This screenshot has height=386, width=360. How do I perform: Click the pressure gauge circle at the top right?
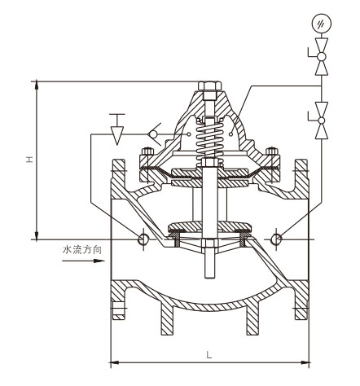coord(322,24)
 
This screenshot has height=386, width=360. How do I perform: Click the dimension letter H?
coord(29,159)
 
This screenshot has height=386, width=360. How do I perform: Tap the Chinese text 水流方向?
coord(82,249)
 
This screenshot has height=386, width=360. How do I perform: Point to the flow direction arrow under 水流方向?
coord(83,261)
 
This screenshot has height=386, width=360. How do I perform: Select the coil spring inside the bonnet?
coord(209,140)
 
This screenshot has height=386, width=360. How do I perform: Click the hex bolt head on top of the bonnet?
coord(209,86)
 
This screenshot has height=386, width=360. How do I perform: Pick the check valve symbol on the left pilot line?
coord(154,134)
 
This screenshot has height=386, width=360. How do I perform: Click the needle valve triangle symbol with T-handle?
coord(117,129)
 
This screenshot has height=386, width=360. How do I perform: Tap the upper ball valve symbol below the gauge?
coord(322,56)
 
